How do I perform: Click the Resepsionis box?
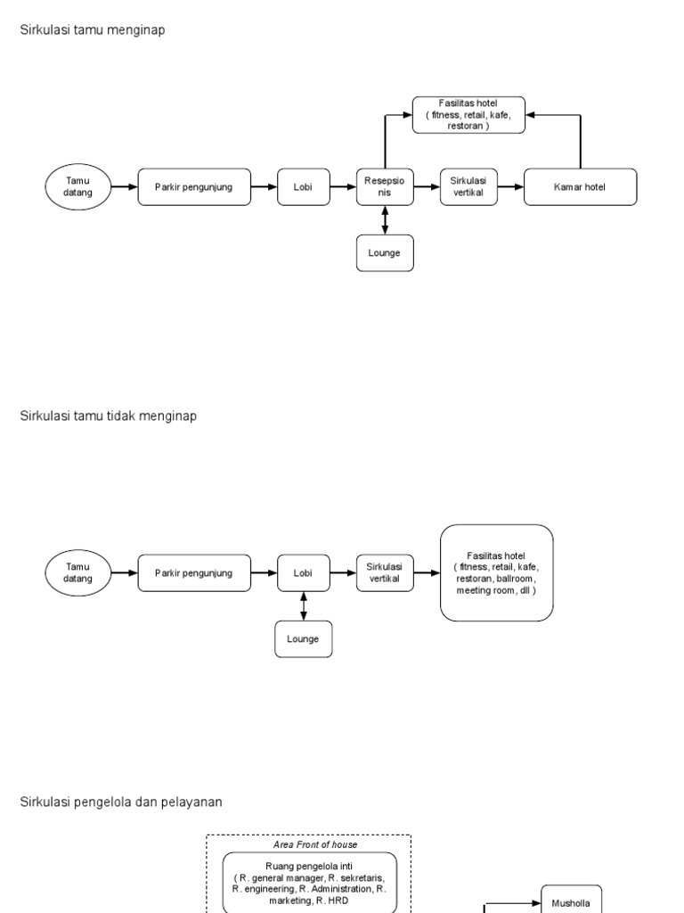tap(385, 187)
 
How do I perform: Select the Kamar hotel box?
tap(581, 187)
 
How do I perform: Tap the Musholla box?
tap(571, 901)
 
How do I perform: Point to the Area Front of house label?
tap(308, 843)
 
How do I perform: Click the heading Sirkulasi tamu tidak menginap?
tap(109, 416)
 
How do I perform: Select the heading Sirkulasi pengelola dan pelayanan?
tap(121, 802)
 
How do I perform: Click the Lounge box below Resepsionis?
tap(385, 252)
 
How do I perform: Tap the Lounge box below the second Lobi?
tap(304, 638)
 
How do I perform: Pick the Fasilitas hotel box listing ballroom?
tap(496, 573)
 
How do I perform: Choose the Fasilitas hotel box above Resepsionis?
tap(468, 115)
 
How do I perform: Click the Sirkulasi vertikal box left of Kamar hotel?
tap(468, 187)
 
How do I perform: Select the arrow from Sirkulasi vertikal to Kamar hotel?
tap(510, 187)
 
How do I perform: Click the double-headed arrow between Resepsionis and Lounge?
tap(385, 219)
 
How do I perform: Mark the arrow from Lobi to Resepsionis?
tap(343, 187)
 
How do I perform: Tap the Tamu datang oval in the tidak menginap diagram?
tap(77, 573)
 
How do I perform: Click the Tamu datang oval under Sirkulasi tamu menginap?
tap(77, 187)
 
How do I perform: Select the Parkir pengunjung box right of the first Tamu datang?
tap(194, 187)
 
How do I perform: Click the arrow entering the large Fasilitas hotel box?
tap(427, 573)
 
